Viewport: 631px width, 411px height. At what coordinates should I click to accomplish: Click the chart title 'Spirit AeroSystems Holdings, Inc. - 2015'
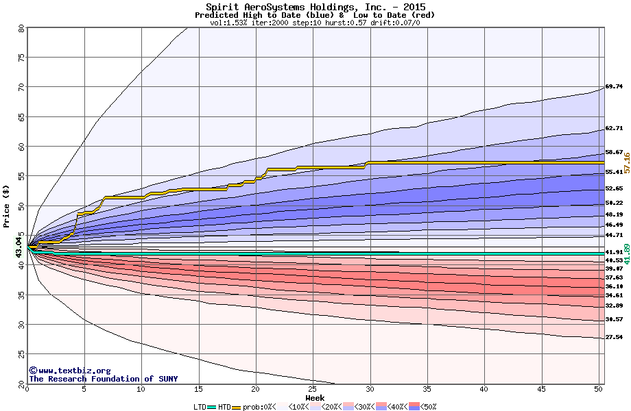[x=315, y=7]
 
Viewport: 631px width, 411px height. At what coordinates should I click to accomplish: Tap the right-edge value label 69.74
[x=614, y=87]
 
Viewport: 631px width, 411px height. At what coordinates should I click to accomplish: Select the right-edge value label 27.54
[x=614, y=337]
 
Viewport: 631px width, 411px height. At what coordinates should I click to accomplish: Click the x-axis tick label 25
[x=313, y=390]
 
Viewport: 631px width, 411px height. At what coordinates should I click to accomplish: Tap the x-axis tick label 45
[x=541, y=390]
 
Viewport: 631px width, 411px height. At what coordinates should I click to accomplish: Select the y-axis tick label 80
[x=21, y=28]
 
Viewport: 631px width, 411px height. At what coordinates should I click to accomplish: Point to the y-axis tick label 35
[x=21, y=295]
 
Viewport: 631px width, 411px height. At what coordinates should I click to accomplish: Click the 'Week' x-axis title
[x=315, y=398]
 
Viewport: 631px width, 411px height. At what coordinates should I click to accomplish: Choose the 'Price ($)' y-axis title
[x=7, y=206]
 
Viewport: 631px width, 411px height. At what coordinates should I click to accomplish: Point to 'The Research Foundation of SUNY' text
[x=103, y=379]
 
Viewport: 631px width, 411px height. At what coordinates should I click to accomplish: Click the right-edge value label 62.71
[x=614, y=128]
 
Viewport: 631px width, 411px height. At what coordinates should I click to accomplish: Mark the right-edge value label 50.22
[x=614, y=203]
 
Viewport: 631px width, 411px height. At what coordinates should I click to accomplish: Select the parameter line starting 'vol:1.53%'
[x=315, y=23]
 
